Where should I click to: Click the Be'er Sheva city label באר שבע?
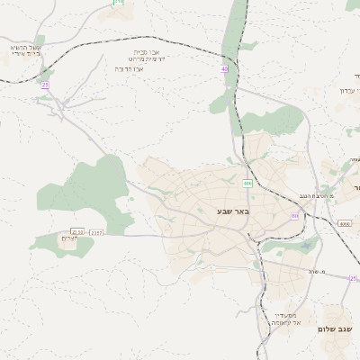click(231, 211)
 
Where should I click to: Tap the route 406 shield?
click(247, 184)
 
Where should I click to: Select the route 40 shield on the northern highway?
click(224, 68)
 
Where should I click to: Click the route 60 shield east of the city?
click(294, 216)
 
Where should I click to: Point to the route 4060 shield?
click(345, 223)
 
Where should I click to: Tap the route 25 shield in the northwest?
click(45, 85)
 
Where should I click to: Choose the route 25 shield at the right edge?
click(354, 279)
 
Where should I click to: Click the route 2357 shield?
click(96, 232)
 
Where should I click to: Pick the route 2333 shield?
click(76, 232)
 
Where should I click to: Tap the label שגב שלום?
click(334, 329)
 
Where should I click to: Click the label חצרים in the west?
click(69, 239)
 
